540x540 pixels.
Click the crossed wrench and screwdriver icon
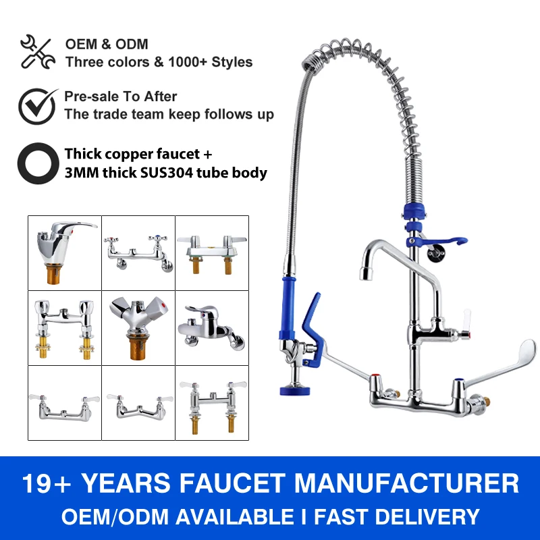pos(37,52)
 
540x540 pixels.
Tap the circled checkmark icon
pos(37,105)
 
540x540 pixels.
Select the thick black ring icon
pos(37,163)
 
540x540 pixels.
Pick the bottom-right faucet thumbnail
pos(211,402)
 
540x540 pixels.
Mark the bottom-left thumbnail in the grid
pos(65,402)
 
